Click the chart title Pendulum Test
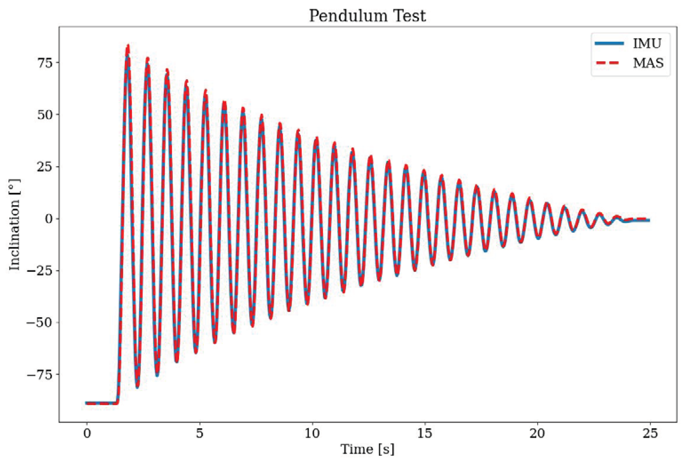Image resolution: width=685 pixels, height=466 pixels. click(x=367, y=16)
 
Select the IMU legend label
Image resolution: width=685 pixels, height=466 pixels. click(x=647, y=43)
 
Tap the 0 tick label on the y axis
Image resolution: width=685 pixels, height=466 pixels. click(x=48, y=219)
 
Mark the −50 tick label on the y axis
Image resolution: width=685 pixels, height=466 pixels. click(x=40, y=323)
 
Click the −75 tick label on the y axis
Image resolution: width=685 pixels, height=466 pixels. click(x=40, y=375)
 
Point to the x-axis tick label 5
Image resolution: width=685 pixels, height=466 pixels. click(x=200, y=434)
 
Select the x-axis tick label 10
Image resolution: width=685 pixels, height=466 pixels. click(x=312, y=434)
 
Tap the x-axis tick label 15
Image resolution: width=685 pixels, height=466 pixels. click(x=425, y=434)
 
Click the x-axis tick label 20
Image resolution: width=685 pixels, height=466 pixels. click(x=537, y=434)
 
